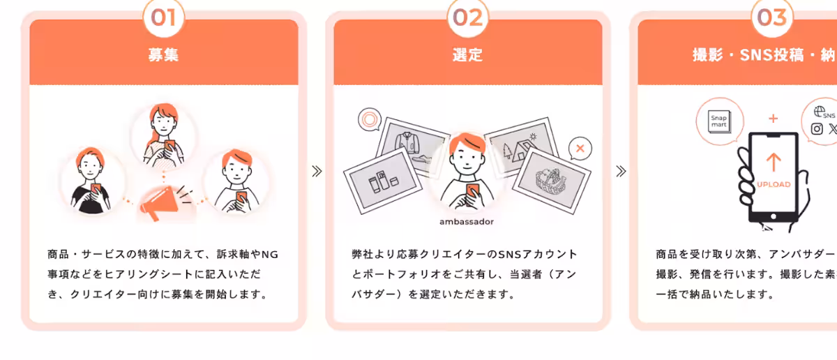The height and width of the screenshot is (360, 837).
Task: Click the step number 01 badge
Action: [163, 17]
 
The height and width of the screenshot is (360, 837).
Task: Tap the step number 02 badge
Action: [467, 17]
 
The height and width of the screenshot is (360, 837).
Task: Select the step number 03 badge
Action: [771, 17]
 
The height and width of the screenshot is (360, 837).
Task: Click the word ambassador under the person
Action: [467, 222]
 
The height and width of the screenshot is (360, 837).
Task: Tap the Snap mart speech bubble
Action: [718, 121]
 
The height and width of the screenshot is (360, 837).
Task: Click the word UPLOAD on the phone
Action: [774, 185]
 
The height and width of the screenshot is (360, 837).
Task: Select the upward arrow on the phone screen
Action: [773, 163]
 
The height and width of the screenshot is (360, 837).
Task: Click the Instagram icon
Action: [817, 128]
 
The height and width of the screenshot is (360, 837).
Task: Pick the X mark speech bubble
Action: [580, 148]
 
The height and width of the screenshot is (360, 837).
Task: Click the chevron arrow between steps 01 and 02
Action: [317, 171]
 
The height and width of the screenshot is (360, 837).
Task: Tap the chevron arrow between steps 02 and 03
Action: [621, 171]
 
